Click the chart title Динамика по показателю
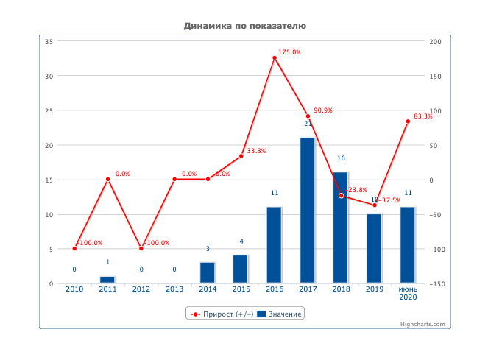244,26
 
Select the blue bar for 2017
308,210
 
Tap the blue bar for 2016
274,244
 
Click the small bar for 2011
107,280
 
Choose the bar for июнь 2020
408,244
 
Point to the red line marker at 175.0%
275,58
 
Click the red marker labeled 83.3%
408,121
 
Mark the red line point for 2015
241,156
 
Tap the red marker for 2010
74,249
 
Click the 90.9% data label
323,110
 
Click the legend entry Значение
280,314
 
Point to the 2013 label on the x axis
174,289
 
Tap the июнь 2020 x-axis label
408,293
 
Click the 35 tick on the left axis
49,41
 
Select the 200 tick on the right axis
435,41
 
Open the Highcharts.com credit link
423,324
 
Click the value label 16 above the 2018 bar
341,158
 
